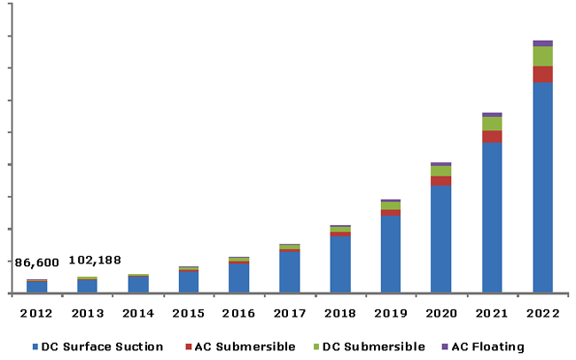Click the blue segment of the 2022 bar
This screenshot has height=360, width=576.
click(542, 187)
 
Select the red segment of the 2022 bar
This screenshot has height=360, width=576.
click(542, 74)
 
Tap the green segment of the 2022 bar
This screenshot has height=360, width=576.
click(542, 56)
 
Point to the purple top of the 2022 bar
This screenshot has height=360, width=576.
click(542, 43)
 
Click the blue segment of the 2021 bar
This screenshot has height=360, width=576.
click(492, 217)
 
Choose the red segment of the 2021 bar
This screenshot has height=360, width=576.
click(492, 137)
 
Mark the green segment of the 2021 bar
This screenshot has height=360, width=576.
click(492, 123)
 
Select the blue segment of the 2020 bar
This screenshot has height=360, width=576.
click(441, 239)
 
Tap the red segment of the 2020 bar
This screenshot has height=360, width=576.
click(441, 181)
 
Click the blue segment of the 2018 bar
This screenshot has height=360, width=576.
click(340, 264)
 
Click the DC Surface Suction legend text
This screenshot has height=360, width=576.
click(103, 347)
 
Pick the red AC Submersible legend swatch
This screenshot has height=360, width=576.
click(186, 347)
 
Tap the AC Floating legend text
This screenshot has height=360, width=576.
click(487, 347)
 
